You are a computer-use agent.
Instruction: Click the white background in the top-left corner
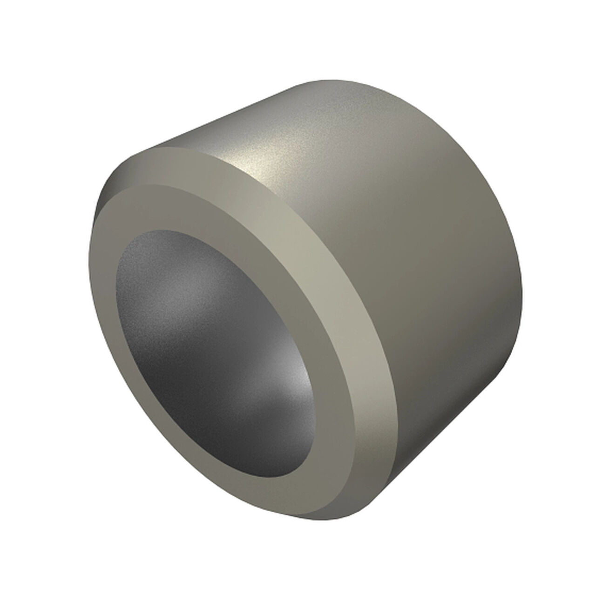(28, 28)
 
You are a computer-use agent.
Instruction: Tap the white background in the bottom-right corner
(568, 568)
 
